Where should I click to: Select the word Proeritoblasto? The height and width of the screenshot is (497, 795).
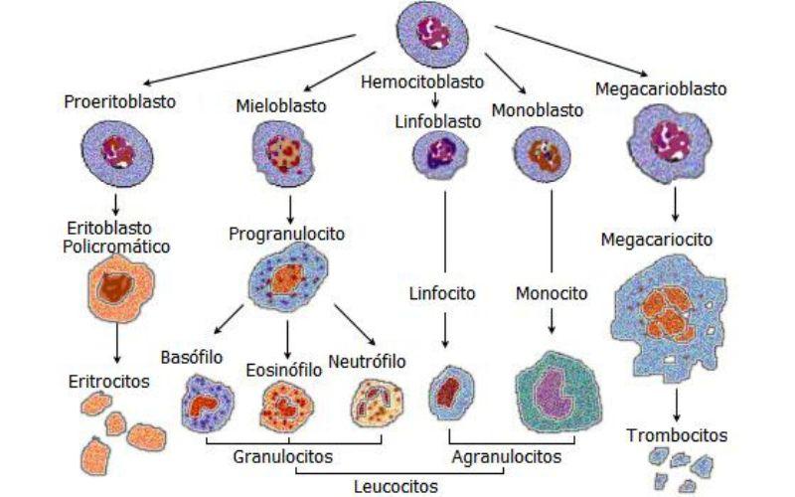coord(115,100)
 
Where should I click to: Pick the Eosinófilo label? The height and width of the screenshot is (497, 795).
coord(283,370)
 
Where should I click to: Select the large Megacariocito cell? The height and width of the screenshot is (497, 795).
coord(677,315)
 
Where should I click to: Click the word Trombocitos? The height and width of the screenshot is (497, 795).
coord(677,435)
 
